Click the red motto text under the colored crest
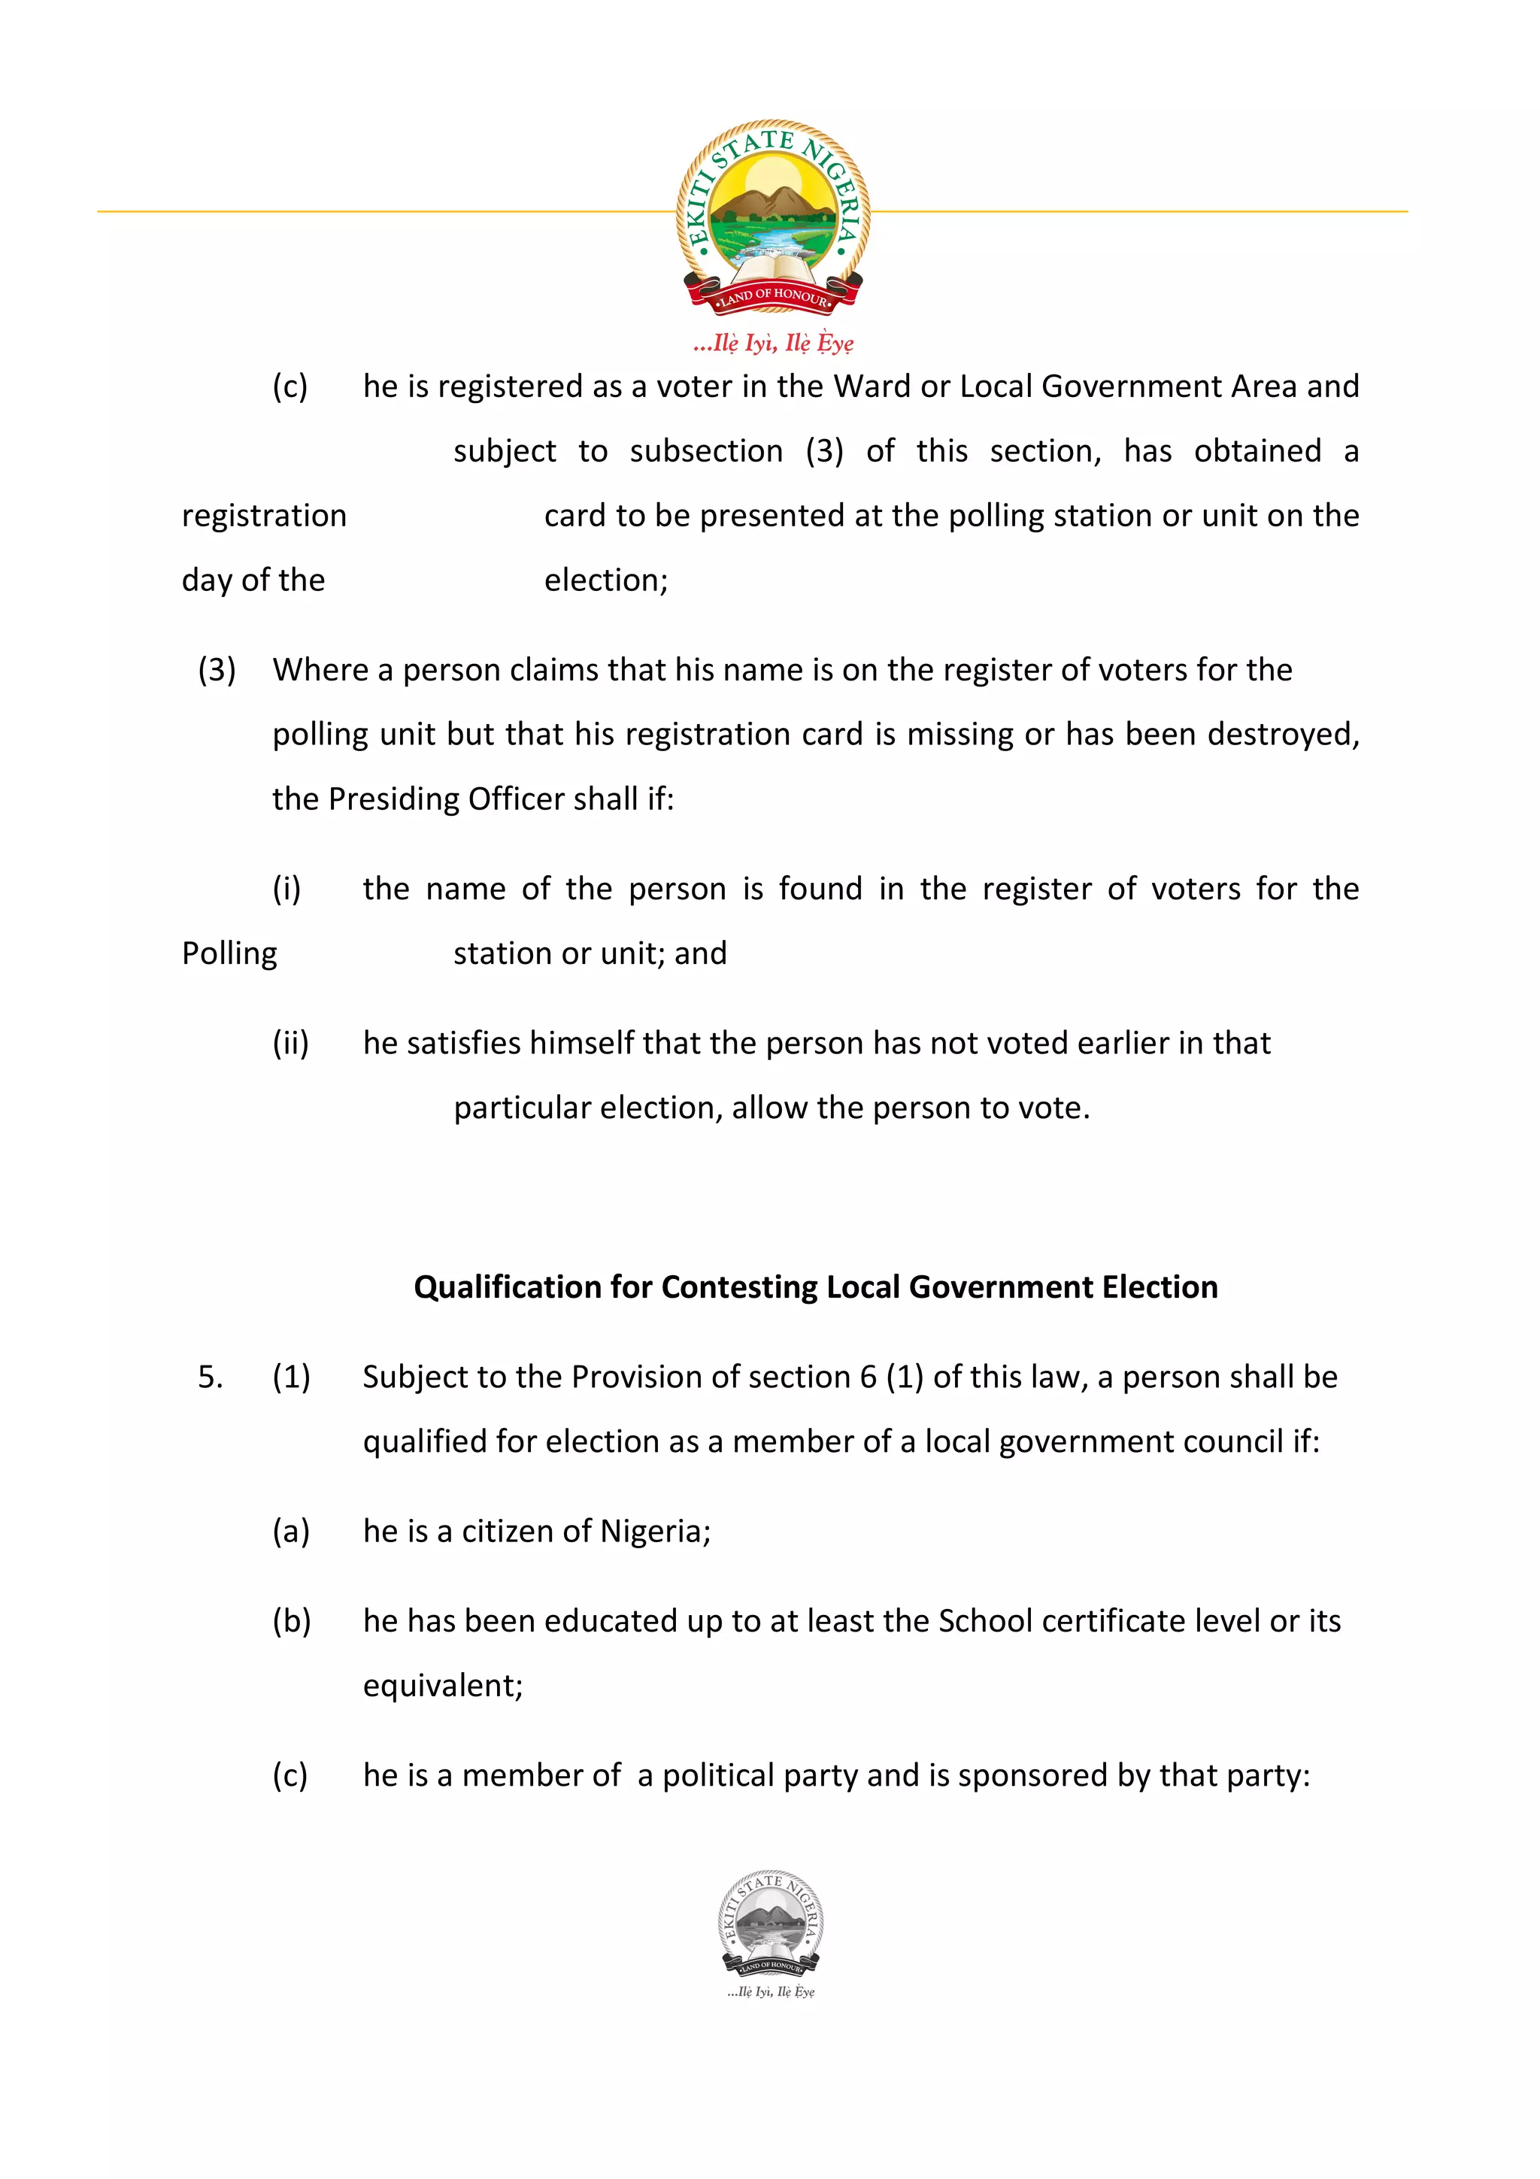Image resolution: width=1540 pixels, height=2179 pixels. pyautogui.click(x=772, y=343)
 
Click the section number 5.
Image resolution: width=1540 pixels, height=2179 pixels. pyautogui.click(x=210, y=1376)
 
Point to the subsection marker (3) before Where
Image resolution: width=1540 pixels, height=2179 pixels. pyautogui.click(x=217, y=670)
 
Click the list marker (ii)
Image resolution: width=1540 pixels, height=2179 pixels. pyautogui.click(x=290, y=1043)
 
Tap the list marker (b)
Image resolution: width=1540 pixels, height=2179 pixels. pyautogui.click(x=291, y=1621)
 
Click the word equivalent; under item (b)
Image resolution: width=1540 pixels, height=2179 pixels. pyautogui.click(x=443, y=1686)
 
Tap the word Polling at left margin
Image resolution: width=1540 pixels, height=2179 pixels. pyautogui.click(x=229, y=953)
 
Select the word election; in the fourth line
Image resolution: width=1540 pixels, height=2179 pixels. pyautogui.click(x=605, y=580)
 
